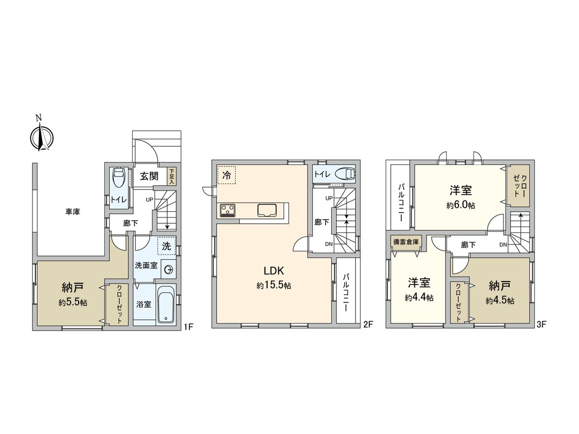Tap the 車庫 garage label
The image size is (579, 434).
click(73, 211)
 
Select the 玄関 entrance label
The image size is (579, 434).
click(149, 176)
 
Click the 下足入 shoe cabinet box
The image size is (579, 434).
click(171, 176)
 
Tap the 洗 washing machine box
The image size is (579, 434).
click(166, 245)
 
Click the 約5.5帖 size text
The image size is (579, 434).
click(73, 302)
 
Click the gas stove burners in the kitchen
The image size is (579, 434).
click(228, 210)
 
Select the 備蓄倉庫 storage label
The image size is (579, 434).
click(406, 241)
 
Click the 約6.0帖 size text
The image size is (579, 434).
click(461, 205)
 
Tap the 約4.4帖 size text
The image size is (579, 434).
click(419, 298)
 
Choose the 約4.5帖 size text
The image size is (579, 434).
click(499, 300)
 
